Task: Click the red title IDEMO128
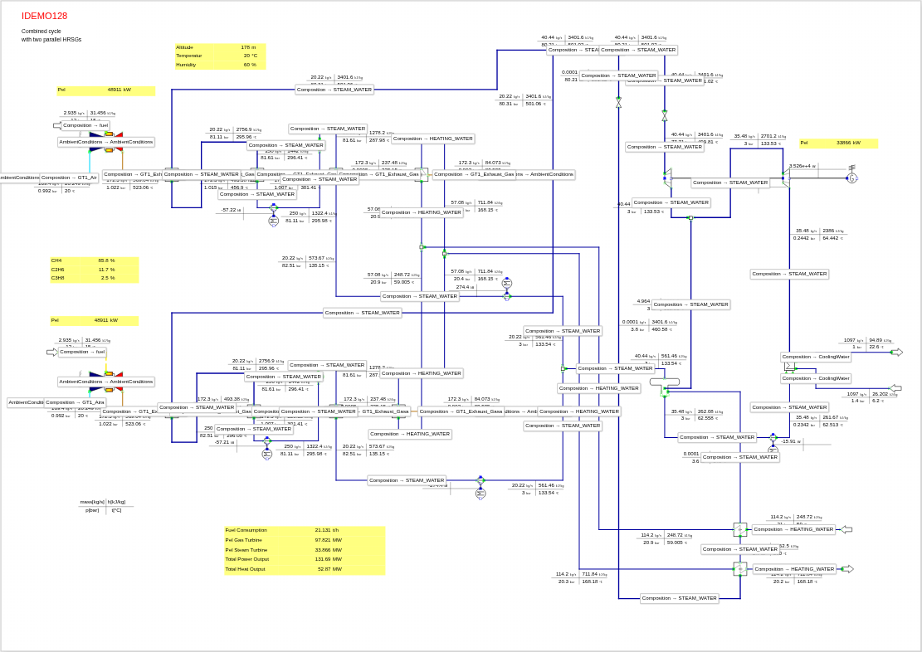[45, 16]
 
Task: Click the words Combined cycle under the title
[41, 31]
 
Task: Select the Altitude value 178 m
[248, 47]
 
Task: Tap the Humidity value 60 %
[249, 65]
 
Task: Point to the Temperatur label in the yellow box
[189, 56]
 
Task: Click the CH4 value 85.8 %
[106, 260]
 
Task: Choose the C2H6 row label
[57, 270]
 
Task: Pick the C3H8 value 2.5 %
[108, 278]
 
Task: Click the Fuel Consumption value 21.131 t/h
[327, 530]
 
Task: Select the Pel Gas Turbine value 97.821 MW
[328, 540]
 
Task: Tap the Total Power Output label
[247, 559]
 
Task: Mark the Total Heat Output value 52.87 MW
[329, 569]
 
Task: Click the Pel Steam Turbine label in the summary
[246, 549]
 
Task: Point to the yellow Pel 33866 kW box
[838, 143]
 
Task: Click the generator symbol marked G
[851, 178]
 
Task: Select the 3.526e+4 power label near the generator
[802, 166]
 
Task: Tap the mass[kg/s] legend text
[92, 502]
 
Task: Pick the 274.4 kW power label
[466, 287]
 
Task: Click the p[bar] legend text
[92, 510]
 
